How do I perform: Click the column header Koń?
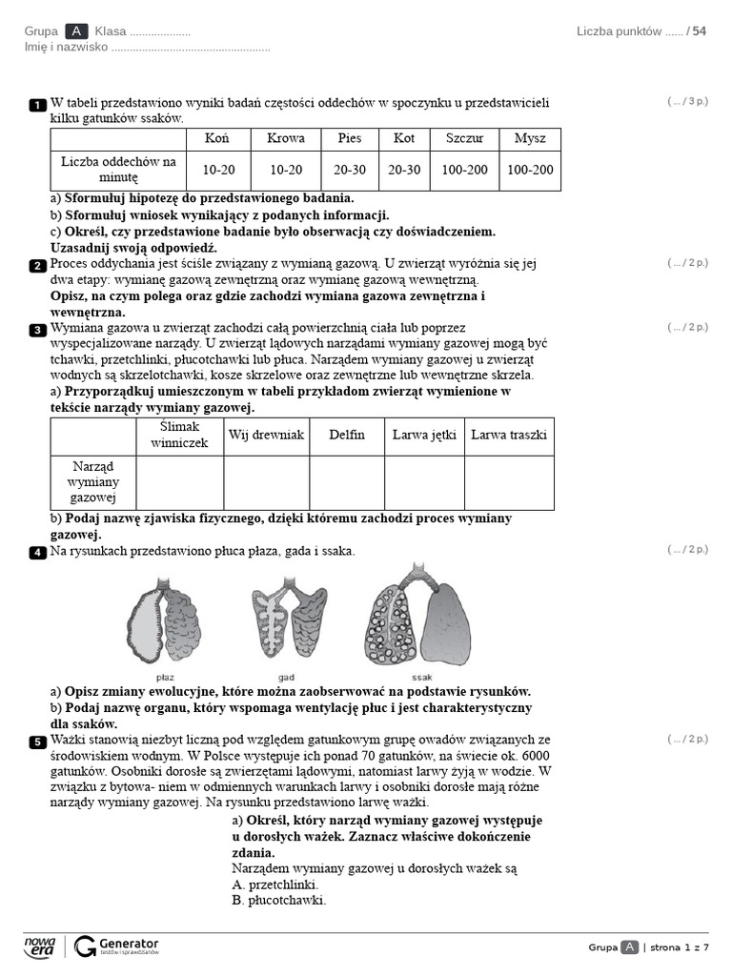coord(215,138)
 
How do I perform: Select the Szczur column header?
coord(465,138)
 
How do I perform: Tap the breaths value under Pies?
coord(350,170)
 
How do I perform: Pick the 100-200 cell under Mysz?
coord(530,170)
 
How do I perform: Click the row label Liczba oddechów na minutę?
coord(118,170)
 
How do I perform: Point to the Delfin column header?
coord(347,435)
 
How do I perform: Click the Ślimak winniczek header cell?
coord(179,435)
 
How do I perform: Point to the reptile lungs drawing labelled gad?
coord(290,620)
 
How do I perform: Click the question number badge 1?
coord(37,104)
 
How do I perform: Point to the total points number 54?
coord(700,31)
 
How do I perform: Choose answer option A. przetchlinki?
coord(274,884)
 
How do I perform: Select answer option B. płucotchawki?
coord(278,900)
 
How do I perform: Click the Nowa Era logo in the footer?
coord(40,945)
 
